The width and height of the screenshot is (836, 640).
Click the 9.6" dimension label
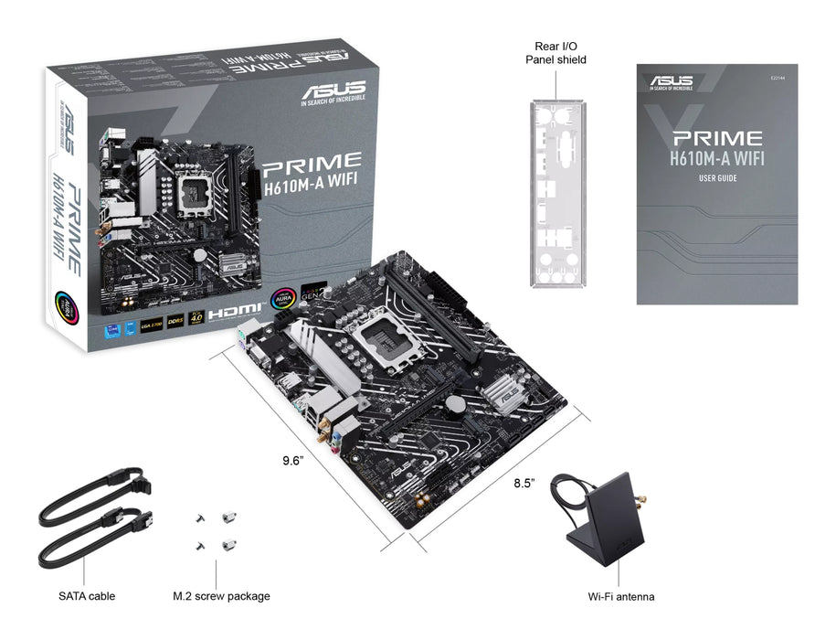coord(291,460)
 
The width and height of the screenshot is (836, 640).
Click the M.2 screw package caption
coord(221,597)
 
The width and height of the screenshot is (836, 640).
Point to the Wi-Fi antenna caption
coord(620,597)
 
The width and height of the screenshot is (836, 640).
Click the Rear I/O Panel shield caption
coord(556,52)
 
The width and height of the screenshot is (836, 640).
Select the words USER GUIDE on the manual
coord(717,178)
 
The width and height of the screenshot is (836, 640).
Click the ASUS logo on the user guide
coord(672,81)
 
